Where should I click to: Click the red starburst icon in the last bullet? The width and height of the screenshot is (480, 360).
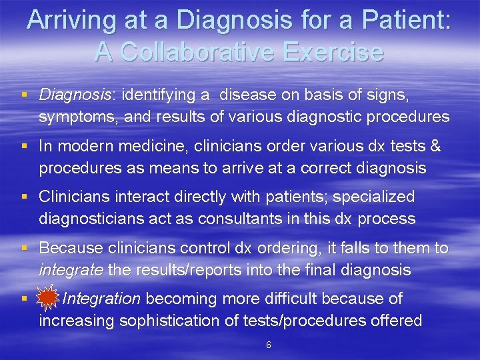coord(47,299)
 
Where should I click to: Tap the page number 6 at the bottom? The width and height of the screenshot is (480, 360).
coord(268,345)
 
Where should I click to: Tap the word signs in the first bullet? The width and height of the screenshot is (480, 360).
coord(385,95)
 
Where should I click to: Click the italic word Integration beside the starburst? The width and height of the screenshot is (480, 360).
coord(101,299)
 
